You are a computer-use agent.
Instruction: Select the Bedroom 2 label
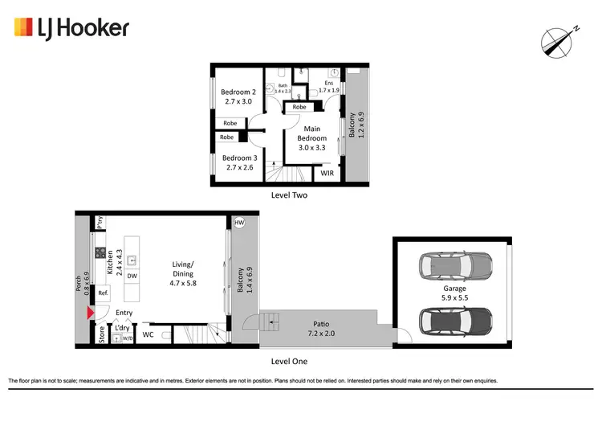coord(238,96)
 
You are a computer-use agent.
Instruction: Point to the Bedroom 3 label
coord(238,162)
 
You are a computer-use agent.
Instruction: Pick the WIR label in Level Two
coord(327,173)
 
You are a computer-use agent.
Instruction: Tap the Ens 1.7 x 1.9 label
coord(328,87)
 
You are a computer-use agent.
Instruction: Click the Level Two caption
coord(290,195)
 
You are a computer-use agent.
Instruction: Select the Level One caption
coord(290,362)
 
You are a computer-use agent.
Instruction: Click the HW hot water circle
coord(239,223)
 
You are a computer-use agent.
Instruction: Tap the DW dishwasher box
coord(131,276)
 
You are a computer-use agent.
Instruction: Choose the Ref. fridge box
coord(103,293)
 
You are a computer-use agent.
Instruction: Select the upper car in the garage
coord(454,264)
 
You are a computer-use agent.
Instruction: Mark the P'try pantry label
coord(100,223)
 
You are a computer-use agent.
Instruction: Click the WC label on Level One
coord(148,334)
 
